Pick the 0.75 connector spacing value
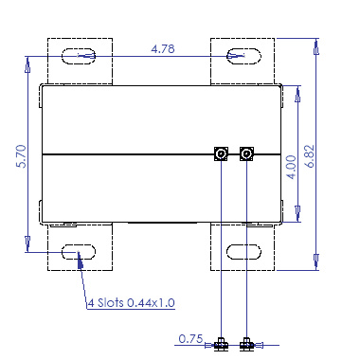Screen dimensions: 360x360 coord(190,337)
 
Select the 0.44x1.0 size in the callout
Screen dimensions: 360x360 coord(153,303)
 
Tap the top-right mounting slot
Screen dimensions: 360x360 coord(242,56)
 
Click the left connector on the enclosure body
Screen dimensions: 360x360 coord(220,154)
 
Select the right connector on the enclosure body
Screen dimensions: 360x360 coord(246,154)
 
